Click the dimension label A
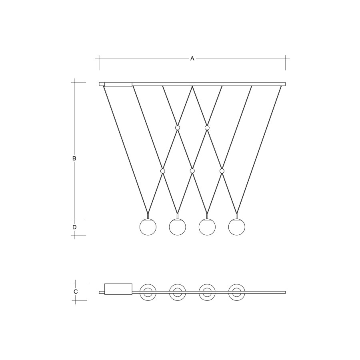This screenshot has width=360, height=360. tap(192, 58)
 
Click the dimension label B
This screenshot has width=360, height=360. tap(74, 158)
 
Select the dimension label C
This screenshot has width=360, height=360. tap(76, 292)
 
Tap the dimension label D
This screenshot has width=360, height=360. tap(74, 227)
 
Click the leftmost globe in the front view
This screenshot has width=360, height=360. tap(148, 227)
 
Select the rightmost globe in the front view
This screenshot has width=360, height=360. tap(237, 227)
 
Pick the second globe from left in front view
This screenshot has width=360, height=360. tap(178, 227)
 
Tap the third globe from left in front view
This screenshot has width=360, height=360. tap(207, 227)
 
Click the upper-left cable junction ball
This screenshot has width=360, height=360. tap(178, 128)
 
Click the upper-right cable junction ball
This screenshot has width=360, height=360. tap(207, 128)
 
